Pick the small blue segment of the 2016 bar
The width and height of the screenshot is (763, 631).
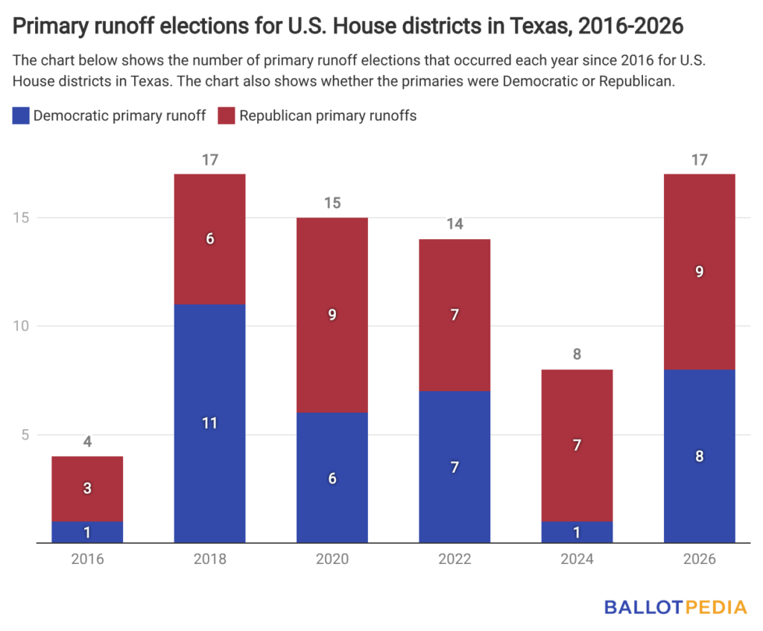tap(87, 532)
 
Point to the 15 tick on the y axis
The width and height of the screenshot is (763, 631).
tap(22, 218)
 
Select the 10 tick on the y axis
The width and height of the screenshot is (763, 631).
tap(22, 326)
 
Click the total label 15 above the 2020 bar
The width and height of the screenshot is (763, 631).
tap(332, 203)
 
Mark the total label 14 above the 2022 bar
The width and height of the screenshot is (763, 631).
tap(455, 224)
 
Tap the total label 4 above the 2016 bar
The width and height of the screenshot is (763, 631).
tap(87, 442)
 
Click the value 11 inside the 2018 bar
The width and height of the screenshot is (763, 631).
tap(209, 423)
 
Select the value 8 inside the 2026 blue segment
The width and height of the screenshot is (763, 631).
tap(699, 457)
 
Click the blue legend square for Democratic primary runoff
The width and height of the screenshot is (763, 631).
tap(22, 115)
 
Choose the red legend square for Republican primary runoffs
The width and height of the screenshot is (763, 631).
tap(227, 115)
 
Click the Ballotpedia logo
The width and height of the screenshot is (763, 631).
tap(675, 607)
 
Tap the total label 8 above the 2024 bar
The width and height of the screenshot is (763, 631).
tap(577, 355)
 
